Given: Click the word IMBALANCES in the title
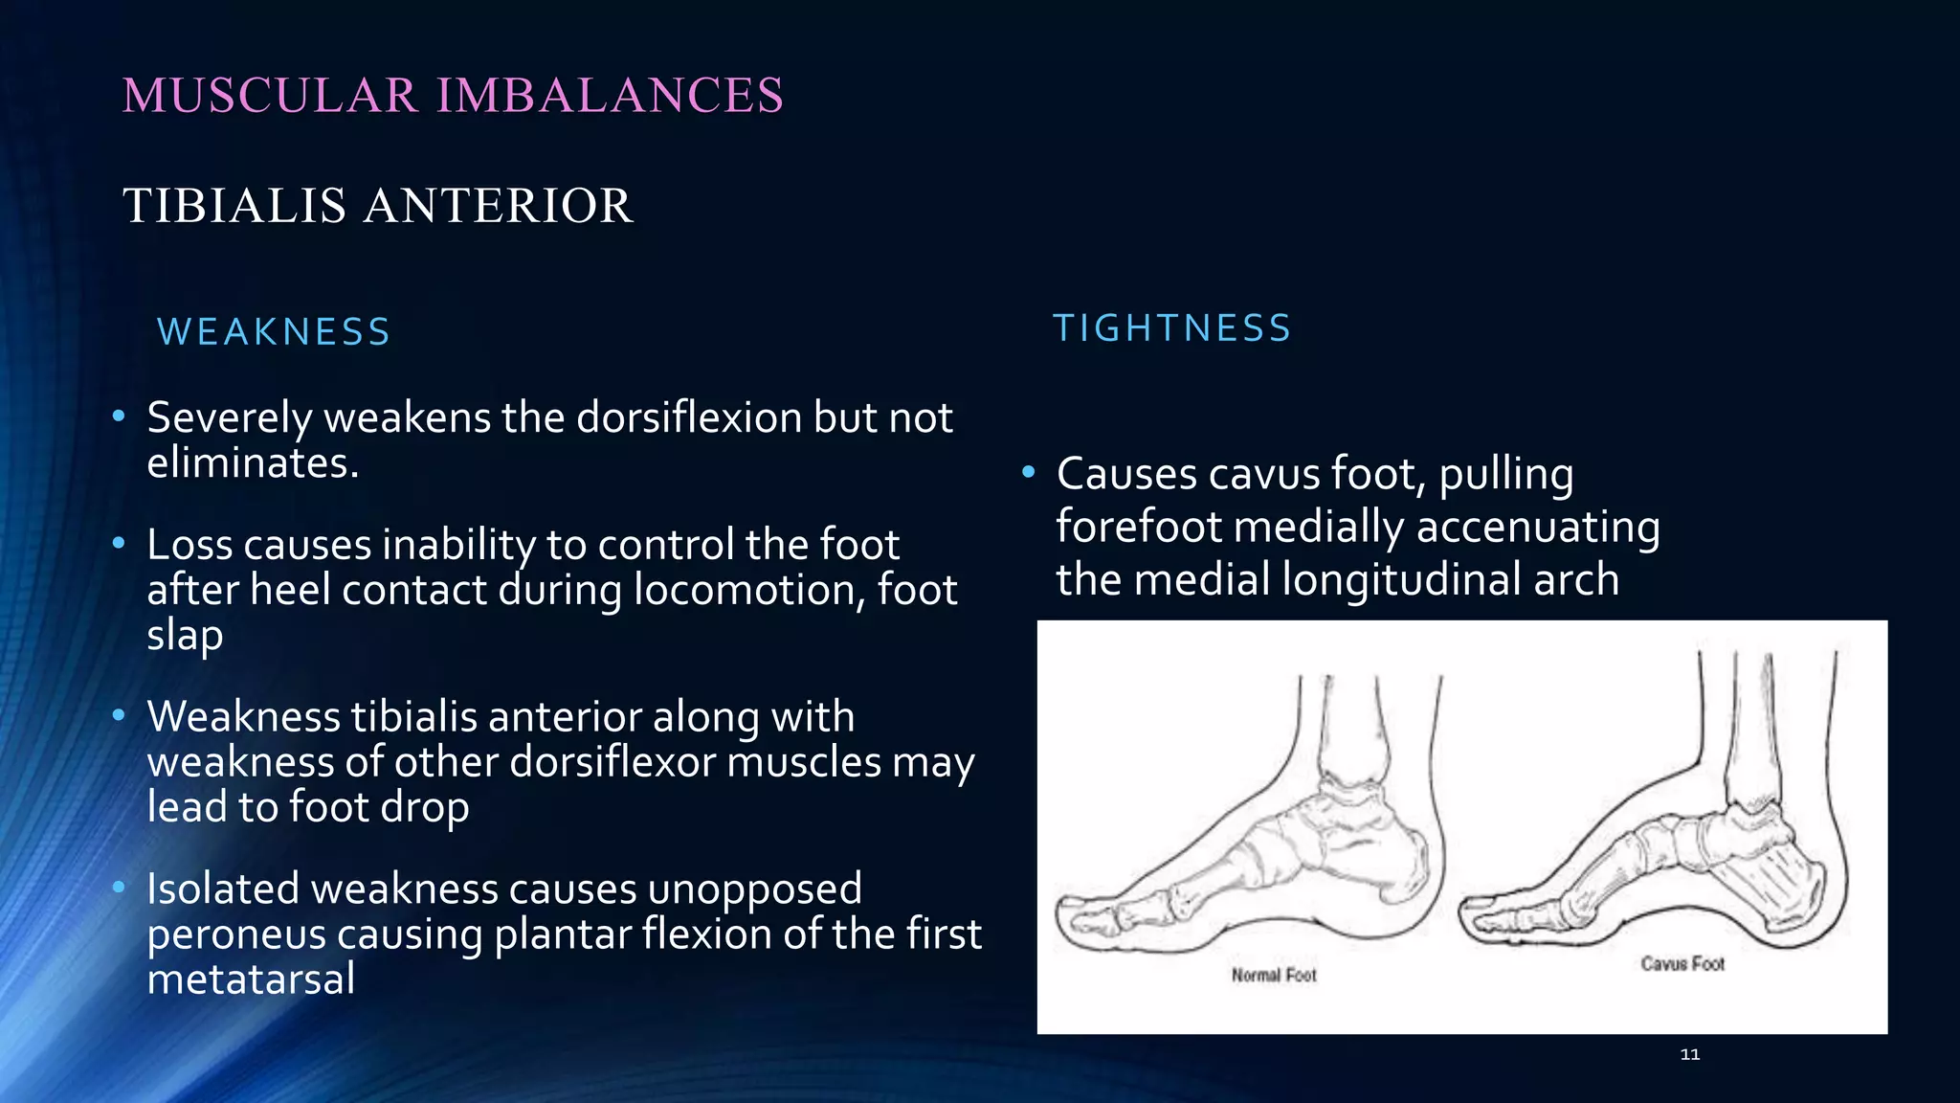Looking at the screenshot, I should click(610, 96).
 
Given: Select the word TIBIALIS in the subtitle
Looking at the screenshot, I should click(234, 206).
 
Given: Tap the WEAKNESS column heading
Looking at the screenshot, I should click(274, 332).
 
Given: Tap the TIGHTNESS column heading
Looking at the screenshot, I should click(1172, 328).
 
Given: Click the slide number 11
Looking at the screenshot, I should click(1689, 1054).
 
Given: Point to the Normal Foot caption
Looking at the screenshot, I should click(1274, 975).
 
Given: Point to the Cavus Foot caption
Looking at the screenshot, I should click(1682, 963).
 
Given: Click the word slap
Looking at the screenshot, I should click(185, 636).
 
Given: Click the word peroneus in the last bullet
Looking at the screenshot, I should click(236, 934).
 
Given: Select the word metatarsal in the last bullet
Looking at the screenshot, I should click(251, 979).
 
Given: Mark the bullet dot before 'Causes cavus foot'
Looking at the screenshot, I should click(1029, 472).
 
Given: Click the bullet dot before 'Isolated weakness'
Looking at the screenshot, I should click(119, 888).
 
